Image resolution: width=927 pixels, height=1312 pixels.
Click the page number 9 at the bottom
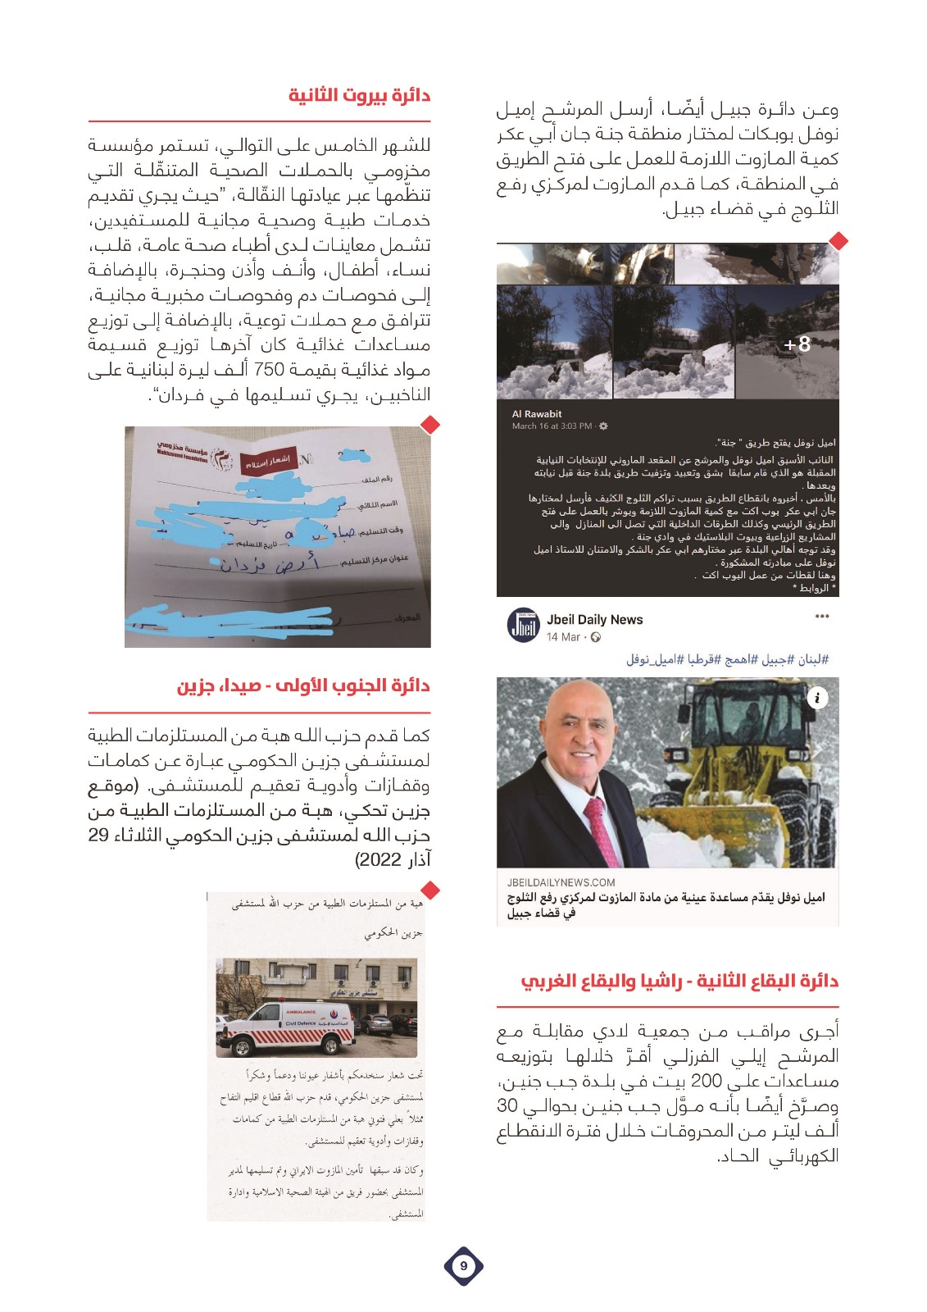463,1266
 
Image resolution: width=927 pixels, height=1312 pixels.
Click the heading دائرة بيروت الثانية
359,95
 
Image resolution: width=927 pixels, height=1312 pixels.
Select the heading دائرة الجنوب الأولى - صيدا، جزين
303,686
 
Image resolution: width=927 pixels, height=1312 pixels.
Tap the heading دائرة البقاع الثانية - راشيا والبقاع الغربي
679,981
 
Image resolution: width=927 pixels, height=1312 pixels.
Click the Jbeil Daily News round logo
523,625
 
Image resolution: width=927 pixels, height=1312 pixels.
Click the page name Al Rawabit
537,414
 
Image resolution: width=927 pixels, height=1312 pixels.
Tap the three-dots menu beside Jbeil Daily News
822,617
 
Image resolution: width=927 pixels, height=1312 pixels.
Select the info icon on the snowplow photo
817,698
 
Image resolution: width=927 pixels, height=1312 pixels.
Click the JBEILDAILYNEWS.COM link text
561,882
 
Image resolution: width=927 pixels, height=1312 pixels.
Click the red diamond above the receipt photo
430,424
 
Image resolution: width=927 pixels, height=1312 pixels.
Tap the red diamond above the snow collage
838,241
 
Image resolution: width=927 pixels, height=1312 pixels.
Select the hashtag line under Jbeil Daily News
728,659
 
